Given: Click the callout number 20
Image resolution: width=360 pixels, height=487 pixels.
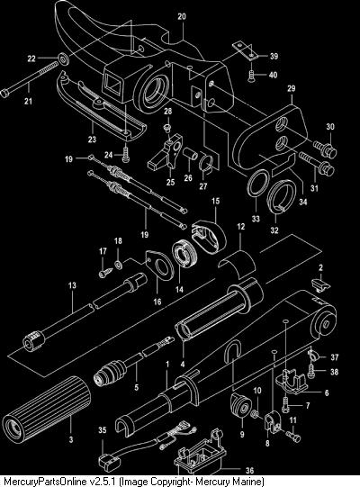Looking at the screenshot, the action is tap(182, 16).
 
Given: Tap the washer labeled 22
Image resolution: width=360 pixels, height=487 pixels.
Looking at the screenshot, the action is tap(64, 59).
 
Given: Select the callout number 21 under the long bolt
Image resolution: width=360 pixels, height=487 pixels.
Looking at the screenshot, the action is tap(28, 101).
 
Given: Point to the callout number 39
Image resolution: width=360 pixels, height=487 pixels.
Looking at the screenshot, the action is tap(274, 56).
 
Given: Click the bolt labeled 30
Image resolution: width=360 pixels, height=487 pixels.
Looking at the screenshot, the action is tap(325, 149).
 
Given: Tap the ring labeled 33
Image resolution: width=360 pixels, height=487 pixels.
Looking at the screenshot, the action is tap(257, 184).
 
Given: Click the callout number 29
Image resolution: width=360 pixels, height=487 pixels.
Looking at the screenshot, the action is tap(291, 88).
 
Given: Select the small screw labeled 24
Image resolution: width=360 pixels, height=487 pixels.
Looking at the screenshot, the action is tap(126, 154).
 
